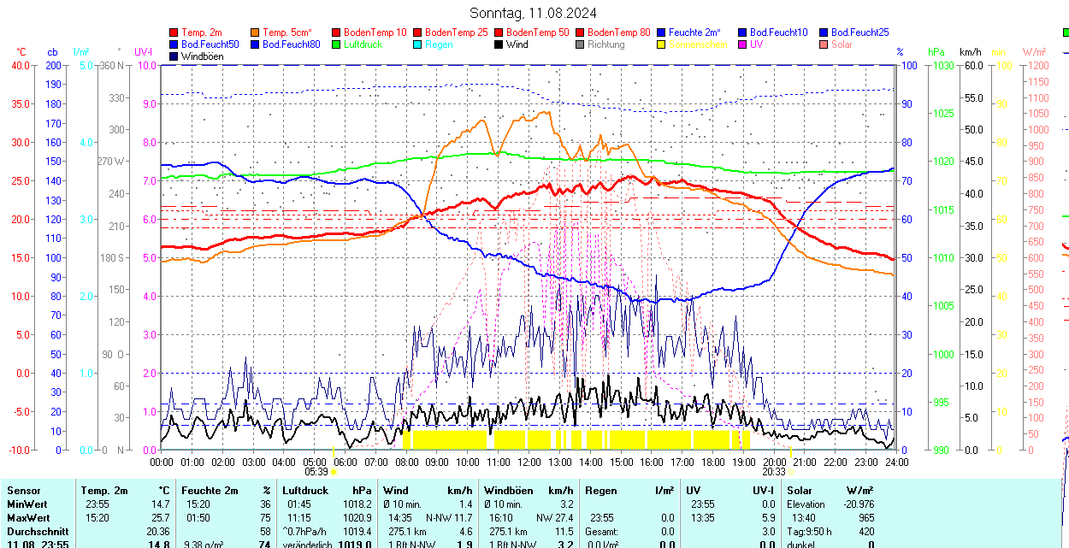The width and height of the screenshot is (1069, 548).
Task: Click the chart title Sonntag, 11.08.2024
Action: click(x=533, y=13)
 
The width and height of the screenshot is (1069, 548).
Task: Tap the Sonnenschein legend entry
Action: click(x=698, y=44)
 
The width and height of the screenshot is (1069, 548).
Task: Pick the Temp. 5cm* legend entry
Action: click(x=286, y=32)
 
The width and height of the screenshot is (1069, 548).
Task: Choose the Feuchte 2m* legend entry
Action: click(x=694, y=32)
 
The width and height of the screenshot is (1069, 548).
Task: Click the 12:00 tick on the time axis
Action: click(x=529, y=463)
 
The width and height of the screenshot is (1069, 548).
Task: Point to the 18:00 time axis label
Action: click(x=713, y=463)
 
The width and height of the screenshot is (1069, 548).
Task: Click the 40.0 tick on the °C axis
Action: click(x=19, y=65)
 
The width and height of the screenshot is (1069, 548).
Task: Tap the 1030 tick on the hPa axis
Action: click(x=942, y=65)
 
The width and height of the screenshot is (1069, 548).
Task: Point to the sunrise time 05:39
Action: click(x=316, y=471)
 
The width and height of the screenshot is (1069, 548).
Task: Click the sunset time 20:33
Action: click(x=774, y=471)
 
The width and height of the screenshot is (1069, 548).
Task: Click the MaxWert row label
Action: click(x=27, y=518)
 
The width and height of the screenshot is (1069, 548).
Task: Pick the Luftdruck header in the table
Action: click(x=305, y=491)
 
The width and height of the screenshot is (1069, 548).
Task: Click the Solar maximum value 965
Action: click(x=865, y=518)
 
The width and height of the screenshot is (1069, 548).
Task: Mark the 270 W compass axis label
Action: click(x=111, y=161)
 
